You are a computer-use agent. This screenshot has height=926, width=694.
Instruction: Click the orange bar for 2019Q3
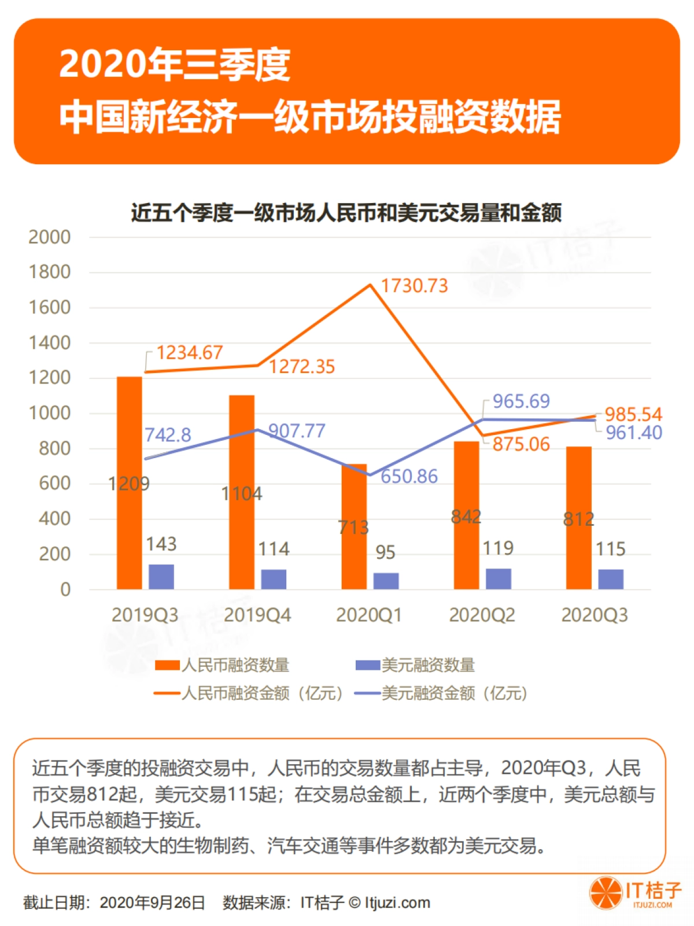[129, 483]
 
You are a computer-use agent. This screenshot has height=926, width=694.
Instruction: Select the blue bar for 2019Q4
[274, 579]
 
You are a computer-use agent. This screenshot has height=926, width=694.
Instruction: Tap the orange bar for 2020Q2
[466, 515]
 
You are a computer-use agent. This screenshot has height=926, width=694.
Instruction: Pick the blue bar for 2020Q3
[611, 579]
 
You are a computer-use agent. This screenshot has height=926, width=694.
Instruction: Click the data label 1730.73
[414, 286]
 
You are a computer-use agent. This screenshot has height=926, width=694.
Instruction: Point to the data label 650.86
[409, 477]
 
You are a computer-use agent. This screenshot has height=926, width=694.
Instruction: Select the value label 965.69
[521, 401]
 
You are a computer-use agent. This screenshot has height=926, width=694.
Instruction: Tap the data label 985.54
[633, 414]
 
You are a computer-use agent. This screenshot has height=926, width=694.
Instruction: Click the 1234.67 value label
[190, 352]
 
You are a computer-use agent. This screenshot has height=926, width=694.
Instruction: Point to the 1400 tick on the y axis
[50, 343]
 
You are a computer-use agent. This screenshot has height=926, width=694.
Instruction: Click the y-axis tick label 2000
[50, 237]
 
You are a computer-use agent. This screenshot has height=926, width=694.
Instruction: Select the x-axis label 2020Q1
[369, 615]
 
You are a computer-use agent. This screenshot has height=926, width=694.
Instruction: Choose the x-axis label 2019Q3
[145, 615]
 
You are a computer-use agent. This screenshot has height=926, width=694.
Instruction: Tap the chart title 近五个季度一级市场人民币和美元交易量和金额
[346, 213]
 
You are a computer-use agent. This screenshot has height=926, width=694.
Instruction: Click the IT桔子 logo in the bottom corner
[636, 893]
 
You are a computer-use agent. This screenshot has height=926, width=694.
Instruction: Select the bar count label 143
[161, 544]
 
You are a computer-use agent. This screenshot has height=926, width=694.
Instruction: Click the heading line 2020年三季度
[175, 64]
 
